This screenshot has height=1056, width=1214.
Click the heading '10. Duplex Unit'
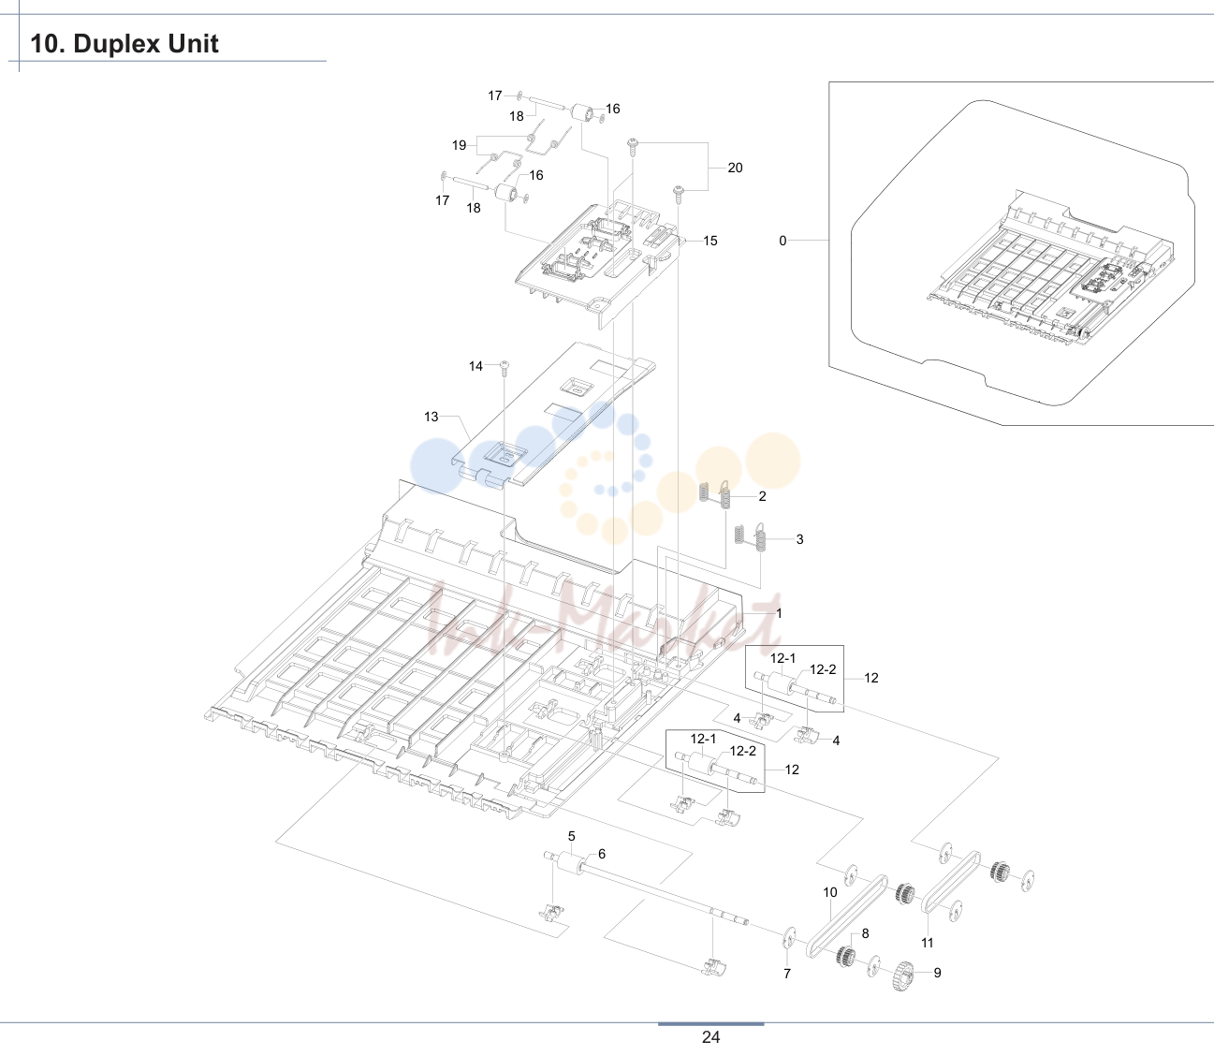[x=124, y=44]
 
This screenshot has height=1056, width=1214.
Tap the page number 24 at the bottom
[x=710, y=1037]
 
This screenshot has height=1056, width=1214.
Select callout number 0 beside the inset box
[x=783, y=241]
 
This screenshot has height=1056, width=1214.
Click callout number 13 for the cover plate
[x=431, y=417]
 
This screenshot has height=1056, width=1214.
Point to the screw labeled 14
[x=505, y=368]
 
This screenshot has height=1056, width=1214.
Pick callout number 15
[x=710, y=241]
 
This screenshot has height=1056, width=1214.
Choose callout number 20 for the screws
[x=735, y=168]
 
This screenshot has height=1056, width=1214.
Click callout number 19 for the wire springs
[x=460, y=145]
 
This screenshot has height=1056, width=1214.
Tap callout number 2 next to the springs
[x=763, y=496]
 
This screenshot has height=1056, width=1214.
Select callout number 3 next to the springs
[x=800, y=539]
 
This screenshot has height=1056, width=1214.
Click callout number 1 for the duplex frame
[x=779, y=613]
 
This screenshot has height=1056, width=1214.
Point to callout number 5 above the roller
[x=571, y=836]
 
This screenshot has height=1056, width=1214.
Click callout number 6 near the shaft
[x=602, y=854]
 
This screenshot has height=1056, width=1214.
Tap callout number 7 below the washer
[x=787, y=974]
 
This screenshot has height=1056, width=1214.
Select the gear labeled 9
[x=902, y=975]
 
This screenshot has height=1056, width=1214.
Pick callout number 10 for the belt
[x=830, y=892]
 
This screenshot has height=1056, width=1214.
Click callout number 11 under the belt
[x=928, y=943]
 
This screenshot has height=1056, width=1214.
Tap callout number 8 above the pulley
[x=865, y=933]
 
